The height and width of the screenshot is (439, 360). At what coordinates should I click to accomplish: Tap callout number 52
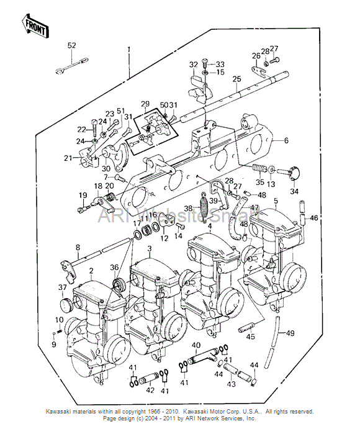point(71,45)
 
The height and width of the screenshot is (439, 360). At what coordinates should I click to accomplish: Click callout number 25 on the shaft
point(236,79)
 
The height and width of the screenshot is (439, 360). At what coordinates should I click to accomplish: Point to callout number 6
point(287,141)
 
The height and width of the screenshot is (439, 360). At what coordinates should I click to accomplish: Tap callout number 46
point(313,217)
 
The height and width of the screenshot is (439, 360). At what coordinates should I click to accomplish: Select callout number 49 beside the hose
point(289,333)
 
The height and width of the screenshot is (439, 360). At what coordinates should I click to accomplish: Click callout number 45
point(251,337)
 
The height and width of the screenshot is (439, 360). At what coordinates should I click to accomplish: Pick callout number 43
point(231,385)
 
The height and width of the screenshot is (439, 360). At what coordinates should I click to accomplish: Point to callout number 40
point(196,345)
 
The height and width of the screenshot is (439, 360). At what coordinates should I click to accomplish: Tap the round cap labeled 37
point(63,304)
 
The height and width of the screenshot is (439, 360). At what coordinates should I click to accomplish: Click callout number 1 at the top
point(129,49)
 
